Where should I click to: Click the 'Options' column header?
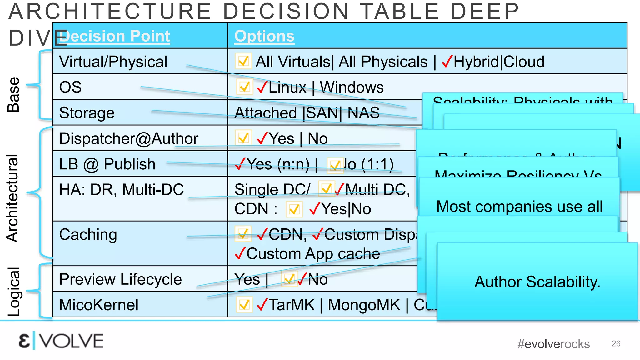264,36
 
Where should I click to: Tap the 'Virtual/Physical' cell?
113,62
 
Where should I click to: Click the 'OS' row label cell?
71,87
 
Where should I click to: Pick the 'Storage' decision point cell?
87,113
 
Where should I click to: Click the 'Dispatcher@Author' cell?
128,138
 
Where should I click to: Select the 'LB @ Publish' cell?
107,164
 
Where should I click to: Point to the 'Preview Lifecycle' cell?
120,279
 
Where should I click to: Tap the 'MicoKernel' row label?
99,305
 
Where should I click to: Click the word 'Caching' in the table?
88,235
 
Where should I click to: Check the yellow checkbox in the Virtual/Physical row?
243,61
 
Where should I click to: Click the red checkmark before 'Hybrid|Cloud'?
447,62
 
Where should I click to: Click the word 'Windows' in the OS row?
352,87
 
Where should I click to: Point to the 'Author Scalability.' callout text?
537,282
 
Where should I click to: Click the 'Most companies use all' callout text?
519,207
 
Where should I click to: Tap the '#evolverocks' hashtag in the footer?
553,344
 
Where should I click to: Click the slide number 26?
616,343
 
